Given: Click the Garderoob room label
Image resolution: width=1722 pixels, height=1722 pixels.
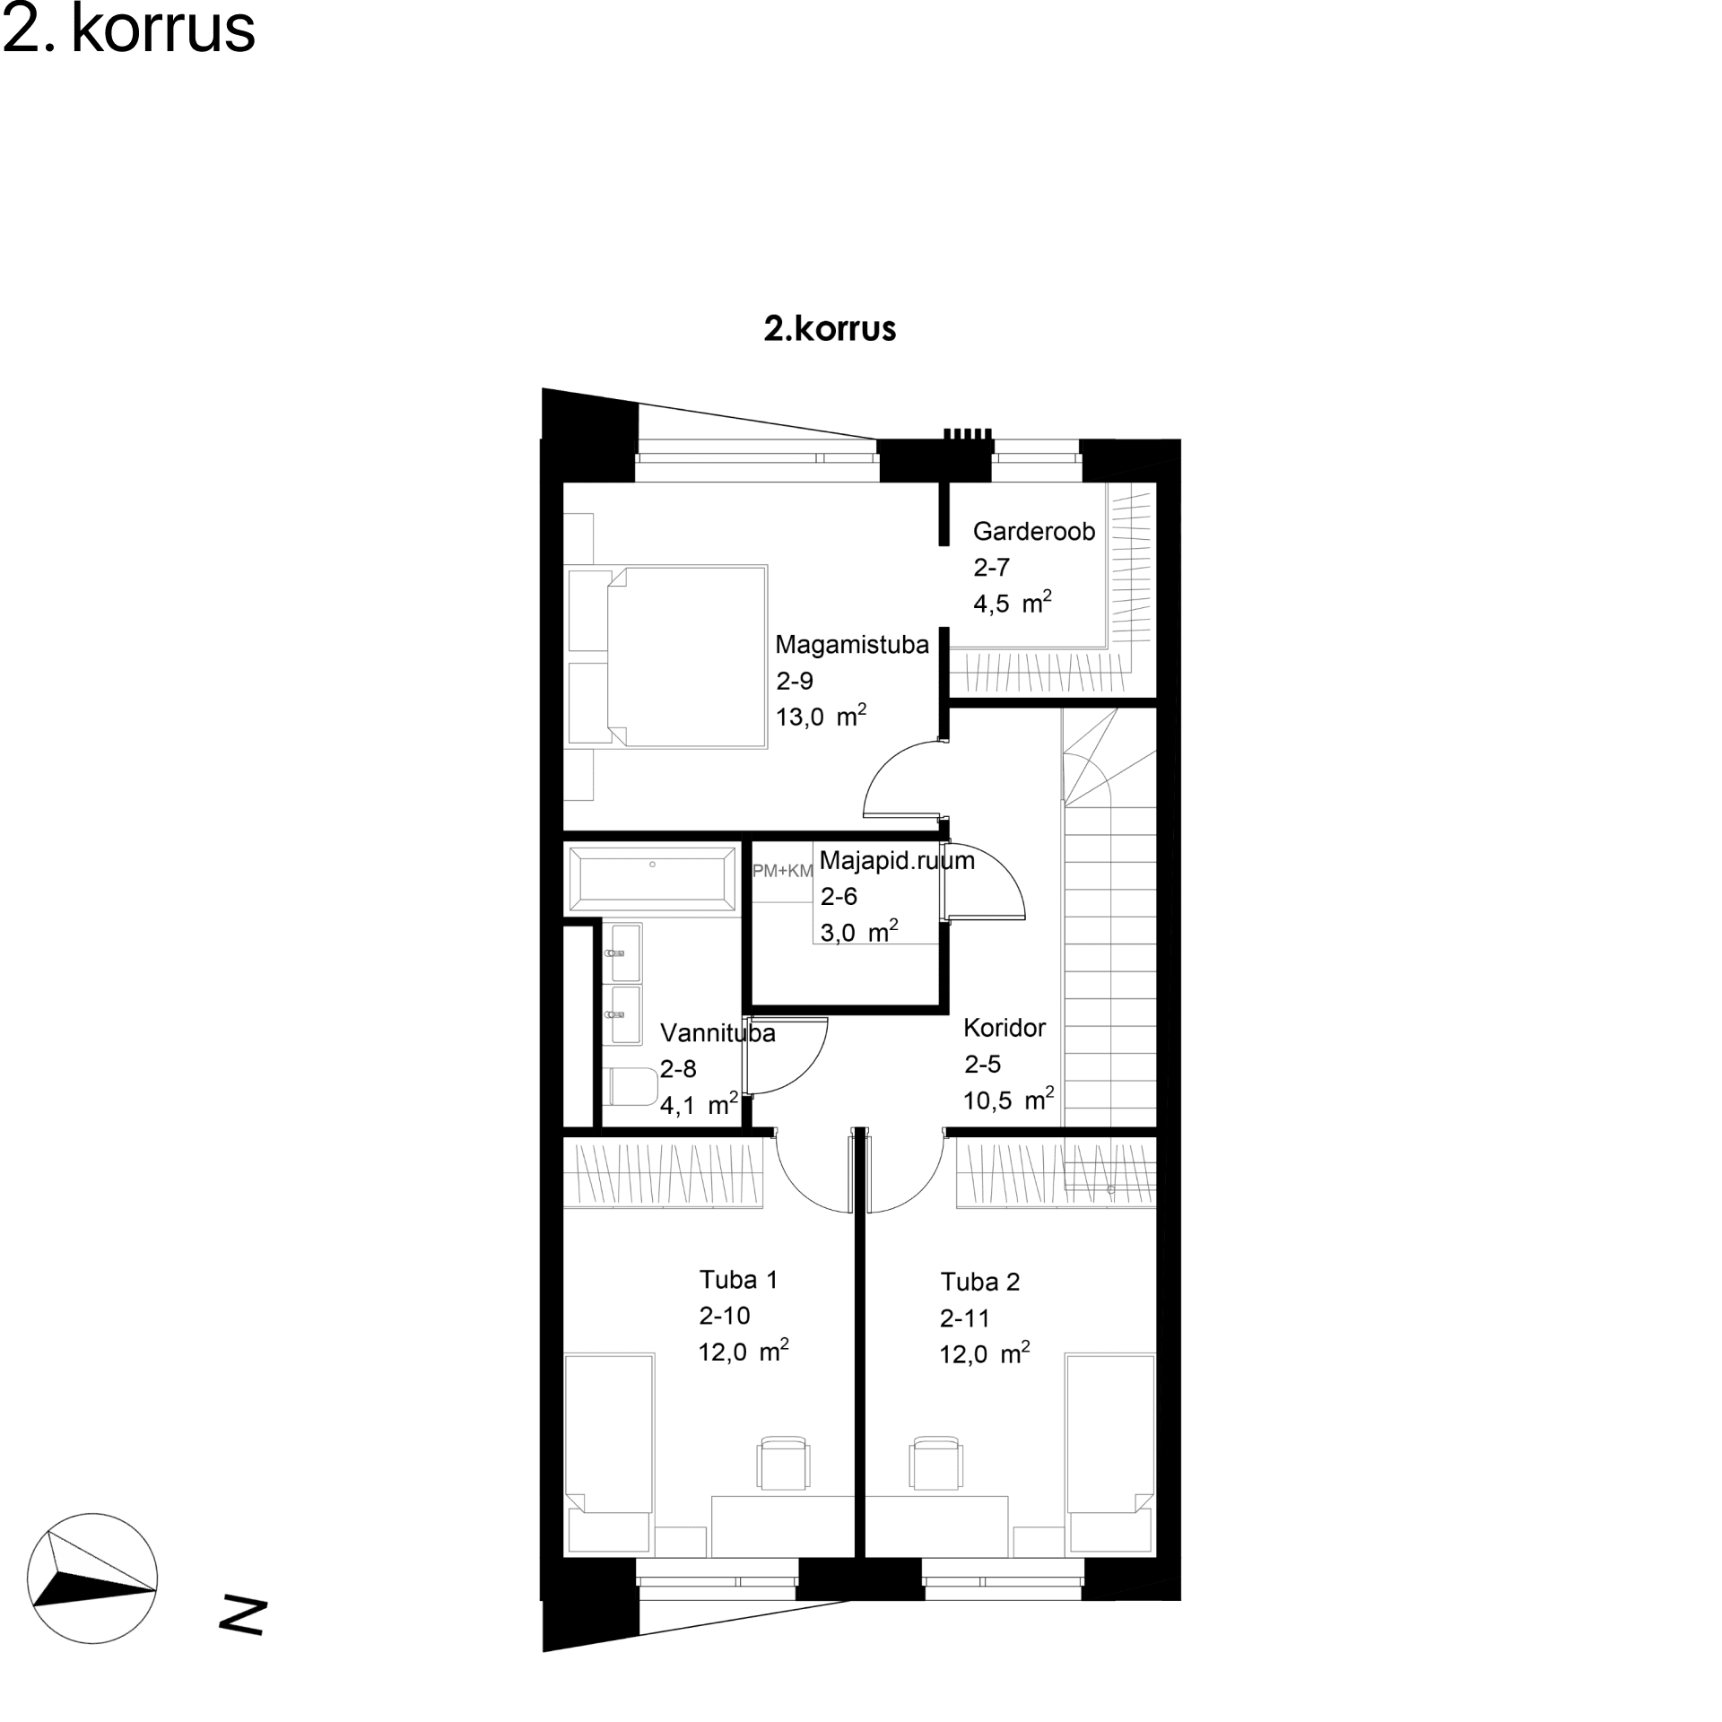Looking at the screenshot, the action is coord(1034,532).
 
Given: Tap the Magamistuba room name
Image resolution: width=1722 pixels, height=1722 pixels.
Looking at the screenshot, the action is coord(852,645).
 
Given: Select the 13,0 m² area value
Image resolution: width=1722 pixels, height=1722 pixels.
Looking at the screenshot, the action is coord(822,716).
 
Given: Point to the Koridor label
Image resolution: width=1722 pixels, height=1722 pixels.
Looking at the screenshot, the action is coord(1004,1028).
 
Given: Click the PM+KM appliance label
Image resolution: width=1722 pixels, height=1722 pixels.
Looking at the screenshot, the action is coord(782,871).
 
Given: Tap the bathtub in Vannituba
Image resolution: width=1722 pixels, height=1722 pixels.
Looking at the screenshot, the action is coord(652,878).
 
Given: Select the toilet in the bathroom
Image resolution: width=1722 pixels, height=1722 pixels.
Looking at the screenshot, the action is coord(631,1087).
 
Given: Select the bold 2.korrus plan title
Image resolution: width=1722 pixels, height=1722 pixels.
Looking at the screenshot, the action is coord(830,328).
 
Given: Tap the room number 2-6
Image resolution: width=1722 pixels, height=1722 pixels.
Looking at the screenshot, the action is coord(839,896).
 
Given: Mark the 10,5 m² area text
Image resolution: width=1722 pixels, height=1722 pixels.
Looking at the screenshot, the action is coord(1009,1100).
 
